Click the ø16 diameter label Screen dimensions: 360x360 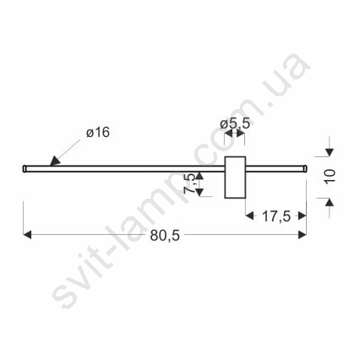pos(98,133)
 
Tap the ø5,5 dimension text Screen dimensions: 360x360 pos(235,123)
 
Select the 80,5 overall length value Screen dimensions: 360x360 pos(165,235)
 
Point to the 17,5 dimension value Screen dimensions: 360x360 pos(276,216)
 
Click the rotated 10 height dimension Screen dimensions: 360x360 pos(330,177)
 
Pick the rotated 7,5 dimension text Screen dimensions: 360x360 pos(189,183)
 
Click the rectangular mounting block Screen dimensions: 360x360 pos(235,177)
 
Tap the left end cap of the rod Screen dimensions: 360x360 pos(25,168)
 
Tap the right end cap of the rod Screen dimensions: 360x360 pos(305,168)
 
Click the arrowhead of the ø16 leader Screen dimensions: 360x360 pos(55,161)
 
